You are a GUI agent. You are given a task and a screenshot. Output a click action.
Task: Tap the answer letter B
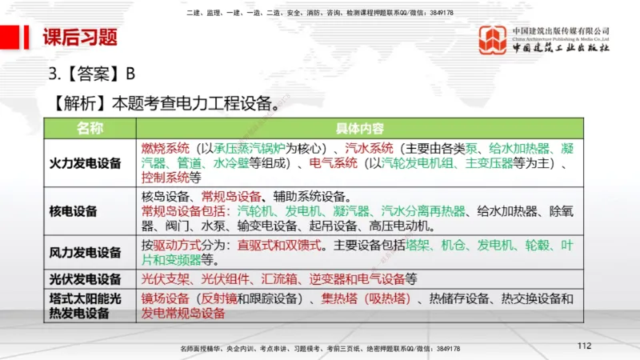pos(130,74)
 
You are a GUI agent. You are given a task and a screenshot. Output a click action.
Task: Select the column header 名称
pos(90,128)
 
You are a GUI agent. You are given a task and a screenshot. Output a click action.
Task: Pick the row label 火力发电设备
pos(90,163)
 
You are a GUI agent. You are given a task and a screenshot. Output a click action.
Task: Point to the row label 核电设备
pos(73,211)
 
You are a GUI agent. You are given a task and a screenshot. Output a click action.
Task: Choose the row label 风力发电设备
pos(90,253)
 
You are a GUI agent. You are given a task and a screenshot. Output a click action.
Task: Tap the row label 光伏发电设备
pos(90,279)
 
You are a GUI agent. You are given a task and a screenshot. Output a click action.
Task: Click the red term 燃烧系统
pos(166,148)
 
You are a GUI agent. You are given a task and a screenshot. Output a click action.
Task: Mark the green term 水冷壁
pos(230,162)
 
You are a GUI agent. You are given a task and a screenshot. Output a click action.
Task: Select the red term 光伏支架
pos(166,279)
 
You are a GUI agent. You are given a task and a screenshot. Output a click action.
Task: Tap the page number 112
pos(583,345)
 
